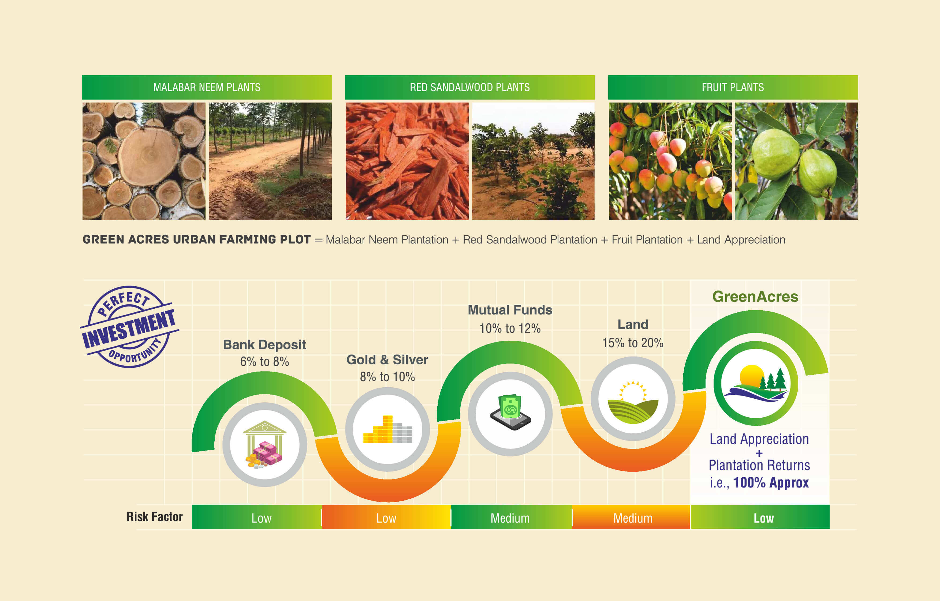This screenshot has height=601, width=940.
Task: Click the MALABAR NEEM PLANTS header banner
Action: click(207, 87)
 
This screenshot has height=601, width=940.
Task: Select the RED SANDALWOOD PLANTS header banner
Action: click(470, 87)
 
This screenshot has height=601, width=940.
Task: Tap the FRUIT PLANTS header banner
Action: click(733, 87)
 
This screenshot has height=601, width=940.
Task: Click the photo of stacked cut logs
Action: click(144, 161)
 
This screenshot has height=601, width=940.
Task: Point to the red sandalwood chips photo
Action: click(407, 161)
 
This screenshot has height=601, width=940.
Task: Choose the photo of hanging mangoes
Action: click(670, 161)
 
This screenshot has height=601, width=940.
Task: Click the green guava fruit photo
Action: click(796, 161)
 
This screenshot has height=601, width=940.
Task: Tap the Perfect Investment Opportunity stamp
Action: click(129, 327)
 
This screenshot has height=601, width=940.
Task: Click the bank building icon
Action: click(264, 444)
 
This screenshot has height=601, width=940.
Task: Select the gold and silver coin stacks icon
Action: click(387, 429)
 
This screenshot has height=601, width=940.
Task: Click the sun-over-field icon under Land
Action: click(633, 402)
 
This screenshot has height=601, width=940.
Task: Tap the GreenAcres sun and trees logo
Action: click(755, 383)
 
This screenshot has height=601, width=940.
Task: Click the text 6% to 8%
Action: click(264, 362)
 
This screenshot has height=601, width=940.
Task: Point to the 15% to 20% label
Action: click(633, 343)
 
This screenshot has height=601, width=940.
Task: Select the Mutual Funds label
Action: click(510, 310)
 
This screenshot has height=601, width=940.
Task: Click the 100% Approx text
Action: click(771, 483)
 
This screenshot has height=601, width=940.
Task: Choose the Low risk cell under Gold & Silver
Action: click(386, 517)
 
